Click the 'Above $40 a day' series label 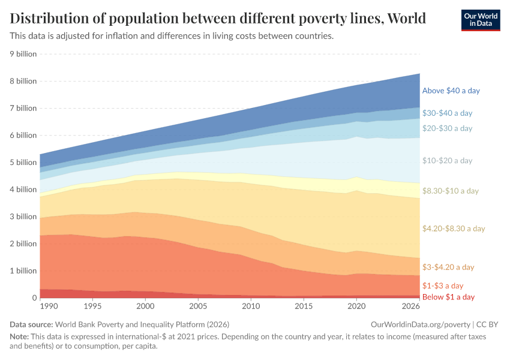click(451, 91)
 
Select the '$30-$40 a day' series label click(447, 113)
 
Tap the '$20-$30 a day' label click(447, 128)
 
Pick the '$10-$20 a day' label click(447, 161)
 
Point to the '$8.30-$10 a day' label click(451, 191)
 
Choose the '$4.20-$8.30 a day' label click(454, 229)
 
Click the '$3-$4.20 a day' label click(448, 267)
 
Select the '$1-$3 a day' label click(443, 286)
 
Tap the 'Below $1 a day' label click(448, 297)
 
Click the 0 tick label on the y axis click(34, 298)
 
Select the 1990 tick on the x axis click(49, 307)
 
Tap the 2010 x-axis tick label click(251, 307)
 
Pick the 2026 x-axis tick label click(410, 307)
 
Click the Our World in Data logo click(481, 19)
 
